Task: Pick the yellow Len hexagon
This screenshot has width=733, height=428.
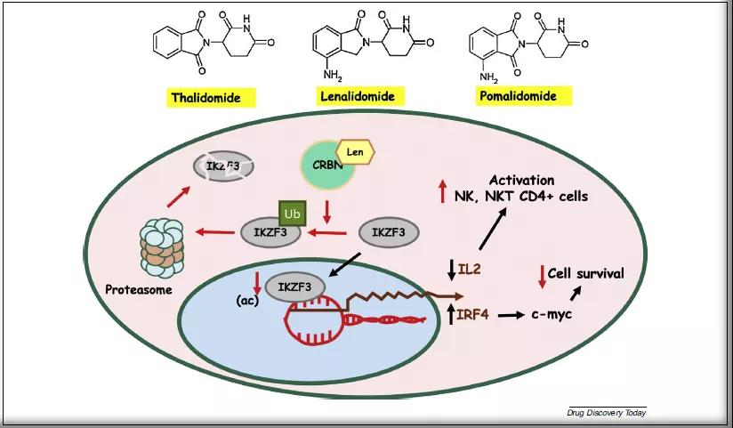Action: coord(356,153)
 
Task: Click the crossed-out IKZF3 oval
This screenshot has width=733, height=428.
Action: coord(223,166)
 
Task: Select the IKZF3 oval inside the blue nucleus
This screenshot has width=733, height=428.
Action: coord(294,287)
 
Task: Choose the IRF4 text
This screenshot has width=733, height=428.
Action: coord(474,314)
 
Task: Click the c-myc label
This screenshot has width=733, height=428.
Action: coord(551,314)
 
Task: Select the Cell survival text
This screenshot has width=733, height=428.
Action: coord(585,273)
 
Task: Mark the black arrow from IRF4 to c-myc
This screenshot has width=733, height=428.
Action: coord(510,314)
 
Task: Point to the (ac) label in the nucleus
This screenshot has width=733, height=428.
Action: coord(246,300)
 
